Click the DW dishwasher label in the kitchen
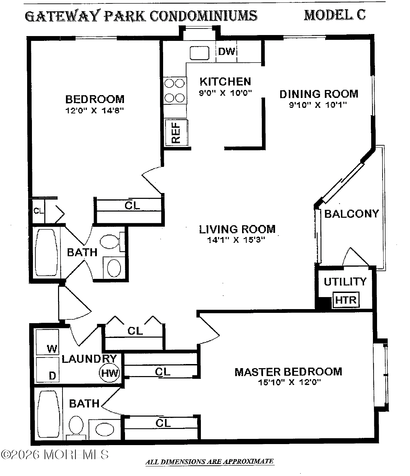coord(227,52)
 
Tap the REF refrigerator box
coord(176,133)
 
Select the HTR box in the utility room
coord(346,300)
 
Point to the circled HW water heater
coord(110,373)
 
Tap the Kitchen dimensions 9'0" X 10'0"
coord(226,93)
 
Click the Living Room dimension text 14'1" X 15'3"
coord(236,240)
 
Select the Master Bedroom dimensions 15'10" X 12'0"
coord(289,382)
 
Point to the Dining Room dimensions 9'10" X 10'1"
coord(318,105)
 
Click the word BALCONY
coord(351,214)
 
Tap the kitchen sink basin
coord(200,53)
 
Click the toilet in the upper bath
coord(111,241)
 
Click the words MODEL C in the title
coord(334,15)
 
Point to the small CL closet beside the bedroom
coord(38,211)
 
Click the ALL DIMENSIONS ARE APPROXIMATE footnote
coord(209,462)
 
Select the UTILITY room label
coord(345,282)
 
